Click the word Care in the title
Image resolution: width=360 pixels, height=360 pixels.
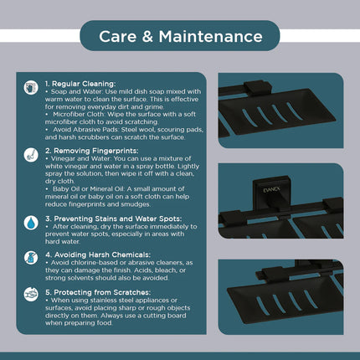pyautogui.click(x=118, y=37)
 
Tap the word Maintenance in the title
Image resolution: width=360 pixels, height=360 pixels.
pyautogui.click(x=211, y=37)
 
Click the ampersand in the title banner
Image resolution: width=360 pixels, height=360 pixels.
pyautogui.click(x=147, y=37)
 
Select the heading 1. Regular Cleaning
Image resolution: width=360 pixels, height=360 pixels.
pyautogui.click(x=80, y=84)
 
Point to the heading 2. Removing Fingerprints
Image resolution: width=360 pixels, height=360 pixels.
pyautogui.click(x=92, y=151)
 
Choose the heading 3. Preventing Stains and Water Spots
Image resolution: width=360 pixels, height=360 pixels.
pyautogui.click(x=114, y=219)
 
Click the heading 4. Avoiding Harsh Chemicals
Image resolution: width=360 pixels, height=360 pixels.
pyautogui.click(x=98, y=255)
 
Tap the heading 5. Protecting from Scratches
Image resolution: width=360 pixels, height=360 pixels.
pyautogui.click(x=98, y=292)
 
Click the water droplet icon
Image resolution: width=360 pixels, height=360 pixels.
pyautogui.click(x=31, y=223)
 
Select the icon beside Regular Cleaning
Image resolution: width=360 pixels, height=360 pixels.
pyautogui.click(x=31, y=88)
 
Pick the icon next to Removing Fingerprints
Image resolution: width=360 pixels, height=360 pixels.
pyautogui.click(x=31, y=155)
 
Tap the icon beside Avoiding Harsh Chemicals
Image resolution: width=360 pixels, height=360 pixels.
pyautogui.click(x=31, y=258)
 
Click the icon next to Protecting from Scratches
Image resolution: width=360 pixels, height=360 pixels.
pyautogui.click(x=31, y=294)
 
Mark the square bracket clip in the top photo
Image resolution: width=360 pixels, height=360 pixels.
pyautogui.click(x=258, y=88)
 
